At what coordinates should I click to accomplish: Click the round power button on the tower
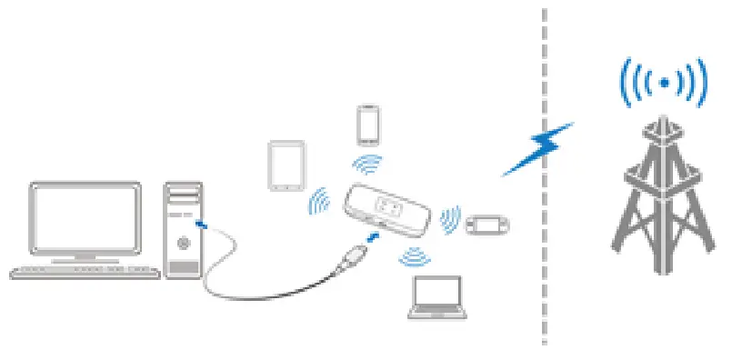point(185,243)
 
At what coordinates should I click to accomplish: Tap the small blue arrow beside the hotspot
point(373,238)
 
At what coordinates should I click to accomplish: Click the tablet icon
point(285,165)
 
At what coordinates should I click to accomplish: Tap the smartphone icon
point(367,125)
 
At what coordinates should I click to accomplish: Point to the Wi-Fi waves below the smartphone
point(368,164)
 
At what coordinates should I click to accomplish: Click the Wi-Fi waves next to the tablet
point(319,202)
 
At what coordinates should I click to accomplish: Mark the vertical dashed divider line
point(545,182)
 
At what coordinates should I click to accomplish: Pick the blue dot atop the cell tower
point(665,83)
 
